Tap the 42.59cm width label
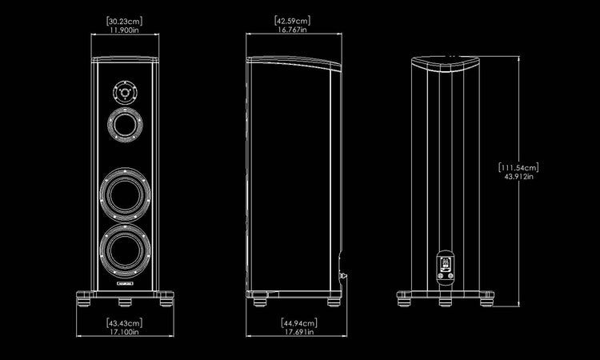pos(292,20)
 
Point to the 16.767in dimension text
pos(292,30)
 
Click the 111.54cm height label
pos(518,167)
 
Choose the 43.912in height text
pos(518,177)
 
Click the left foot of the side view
pos(261,302)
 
